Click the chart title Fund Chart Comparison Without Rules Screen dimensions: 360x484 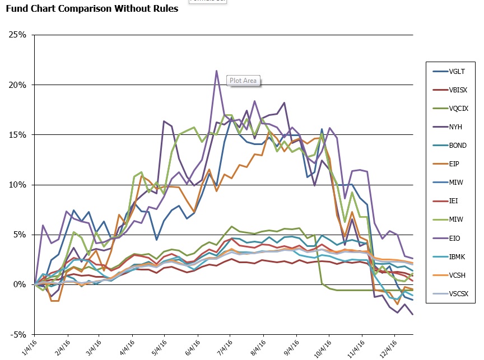click(92, 9)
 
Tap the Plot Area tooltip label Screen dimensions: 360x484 click(243, 81)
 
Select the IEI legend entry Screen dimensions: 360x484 click(457, 200)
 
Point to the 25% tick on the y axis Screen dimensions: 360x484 click(18, 35)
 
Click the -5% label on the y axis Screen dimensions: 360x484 click(18, 335)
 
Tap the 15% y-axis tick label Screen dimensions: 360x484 click(18, 135)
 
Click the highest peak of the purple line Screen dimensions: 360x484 click(216, 71)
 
